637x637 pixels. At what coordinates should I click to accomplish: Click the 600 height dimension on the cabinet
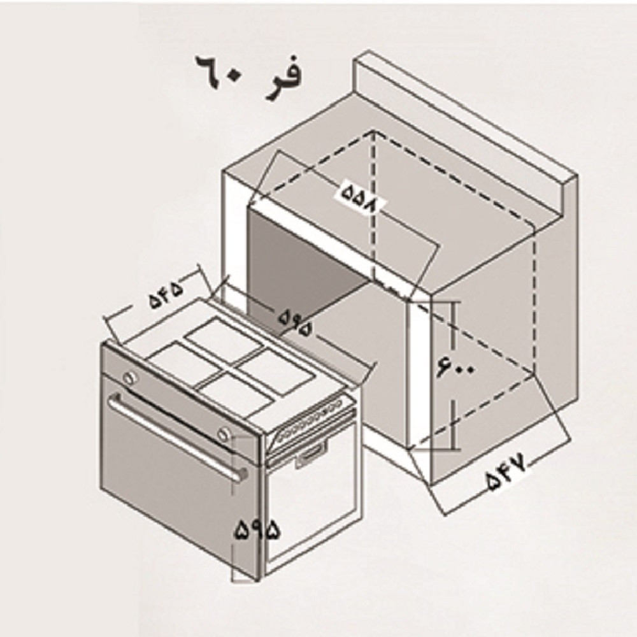click(x=455, y=366)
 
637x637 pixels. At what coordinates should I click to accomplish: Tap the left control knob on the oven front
click(x=131, y=378)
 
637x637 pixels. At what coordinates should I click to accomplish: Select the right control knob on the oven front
click(x=222, y=434)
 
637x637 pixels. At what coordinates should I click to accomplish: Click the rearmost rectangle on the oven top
click(x=223, y=339)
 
